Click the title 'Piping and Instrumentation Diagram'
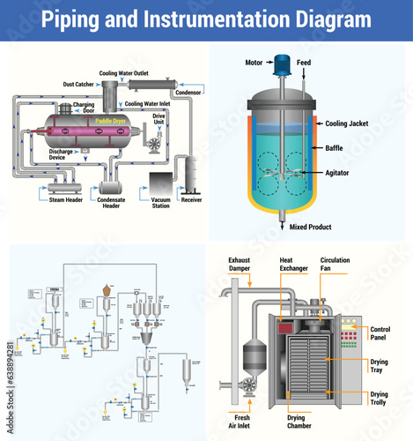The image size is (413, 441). coord(206,19)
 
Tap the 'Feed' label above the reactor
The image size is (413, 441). coord(304,64)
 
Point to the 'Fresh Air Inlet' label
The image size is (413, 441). coord(244,423)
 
